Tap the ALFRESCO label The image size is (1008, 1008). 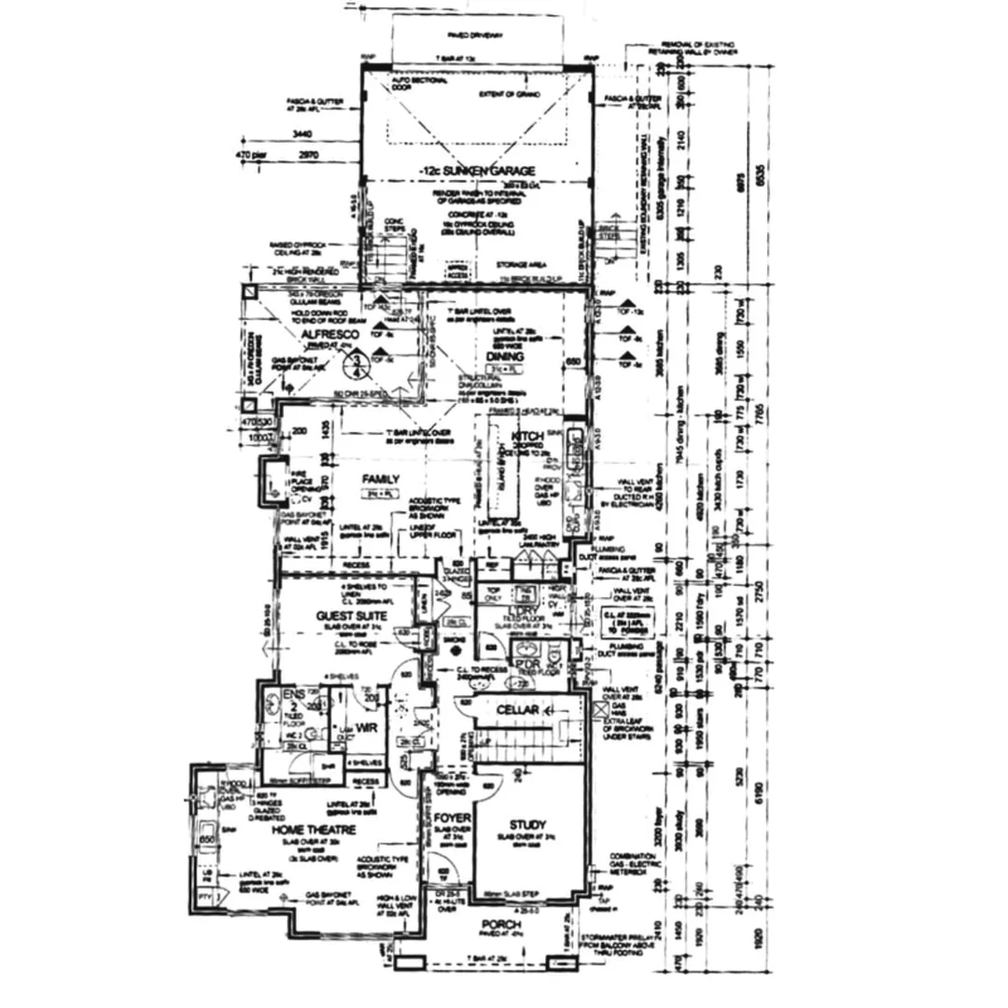pos(325,333)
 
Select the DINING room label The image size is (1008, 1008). pos(504,357)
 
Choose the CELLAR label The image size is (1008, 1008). pos(517,710)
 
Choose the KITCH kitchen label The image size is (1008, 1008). pos(527,436)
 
